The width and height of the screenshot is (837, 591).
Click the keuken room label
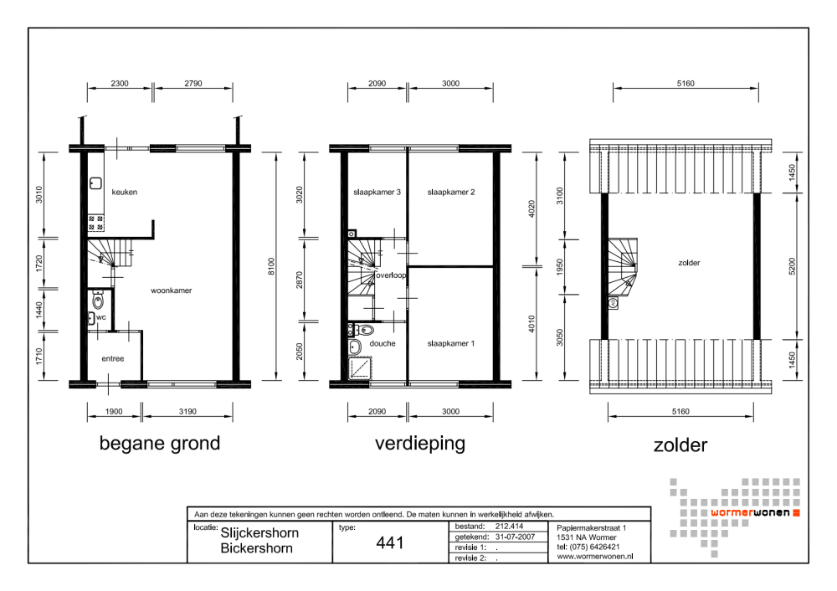click(125, 193)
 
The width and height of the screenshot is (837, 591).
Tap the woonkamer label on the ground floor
click(171, 290)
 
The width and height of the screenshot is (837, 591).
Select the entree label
click(113, 359)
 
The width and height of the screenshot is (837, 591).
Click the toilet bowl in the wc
click(98, 301)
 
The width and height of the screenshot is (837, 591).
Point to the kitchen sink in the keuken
click(95, 183)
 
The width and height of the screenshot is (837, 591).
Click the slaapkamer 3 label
click(377, 193)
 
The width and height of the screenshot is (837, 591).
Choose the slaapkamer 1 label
click(450, 343)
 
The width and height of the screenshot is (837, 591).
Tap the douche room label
click(383, 343)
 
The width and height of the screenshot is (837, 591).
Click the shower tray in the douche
click(360, 368)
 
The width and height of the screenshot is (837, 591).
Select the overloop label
click(391, 275)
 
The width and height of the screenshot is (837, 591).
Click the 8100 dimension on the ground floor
click(271, 266)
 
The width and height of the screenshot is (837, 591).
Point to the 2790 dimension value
click(193, 83)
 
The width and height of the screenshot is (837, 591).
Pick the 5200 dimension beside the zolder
click(792, 266)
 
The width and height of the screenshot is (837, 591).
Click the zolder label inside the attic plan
click(689, 263)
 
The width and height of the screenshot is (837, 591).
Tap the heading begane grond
click(160, 443)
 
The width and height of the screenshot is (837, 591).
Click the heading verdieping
click(420, 443)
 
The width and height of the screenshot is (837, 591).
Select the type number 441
click(390, 543)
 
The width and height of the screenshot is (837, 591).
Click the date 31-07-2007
click(515, 537)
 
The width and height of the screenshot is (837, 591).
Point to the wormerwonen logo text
click(750, 513)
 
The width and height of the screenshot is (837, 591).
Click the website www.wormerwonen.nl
click(594, 557)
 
